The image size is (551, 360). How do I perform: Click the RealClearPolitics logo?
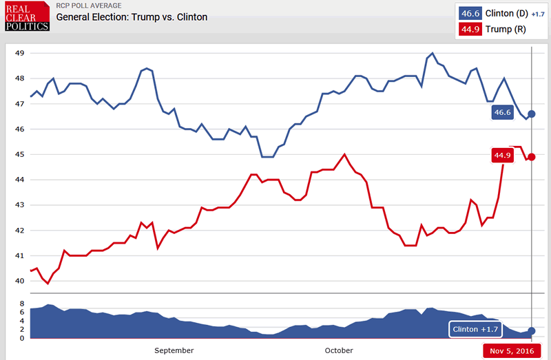28,16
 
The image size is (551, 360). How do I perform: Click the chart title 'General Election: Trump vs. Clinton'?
132,17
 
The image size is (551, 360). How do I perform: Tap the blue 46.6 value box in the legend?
471,13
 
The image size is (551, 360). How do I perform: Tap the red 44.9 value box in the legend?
471,30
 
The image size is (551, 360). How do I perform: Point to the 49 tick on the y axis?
19,53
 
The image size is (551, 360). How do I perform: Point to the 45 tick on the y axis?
19,155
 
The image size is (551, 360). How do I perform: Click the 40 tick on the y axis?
19,281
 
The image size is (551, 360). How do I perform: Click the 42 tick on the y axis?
19,231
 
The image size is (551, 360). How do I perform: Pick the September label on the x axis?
174,350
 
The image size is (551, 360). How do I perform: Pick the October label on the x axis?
339,350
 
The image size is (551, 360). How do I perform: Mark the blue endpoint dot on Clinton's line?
531,114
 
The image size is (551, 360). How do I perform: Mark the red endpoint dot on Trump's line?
531,156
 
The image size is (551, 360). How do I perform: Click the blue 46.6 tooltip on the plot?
503,113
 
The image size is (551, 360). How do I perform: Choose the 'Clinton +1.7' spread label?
475,330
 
